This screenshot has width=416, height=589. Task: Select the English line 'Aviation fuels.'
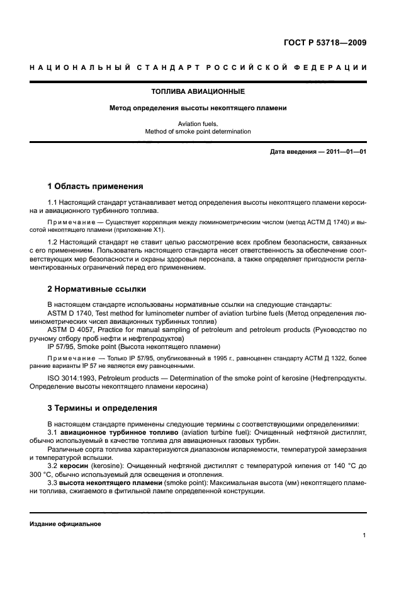(198, 124)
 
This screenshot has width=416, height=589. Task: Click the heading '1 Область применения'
(95, 186)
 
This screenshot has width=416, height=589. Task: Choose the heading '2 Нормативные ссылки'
(97, 289)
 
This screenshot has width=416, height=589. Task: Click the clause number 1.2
(53, 243)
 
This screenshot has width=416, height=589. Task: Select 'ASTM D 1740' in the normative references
(70, 312)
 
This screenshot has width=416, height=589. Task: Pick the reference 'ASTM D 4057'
(70, 329)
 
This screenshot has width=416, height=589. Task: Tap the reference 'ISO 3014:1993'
(72, 379)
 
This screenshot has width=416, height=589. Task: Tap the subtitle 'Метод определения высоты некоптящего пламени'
(198, 108)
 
